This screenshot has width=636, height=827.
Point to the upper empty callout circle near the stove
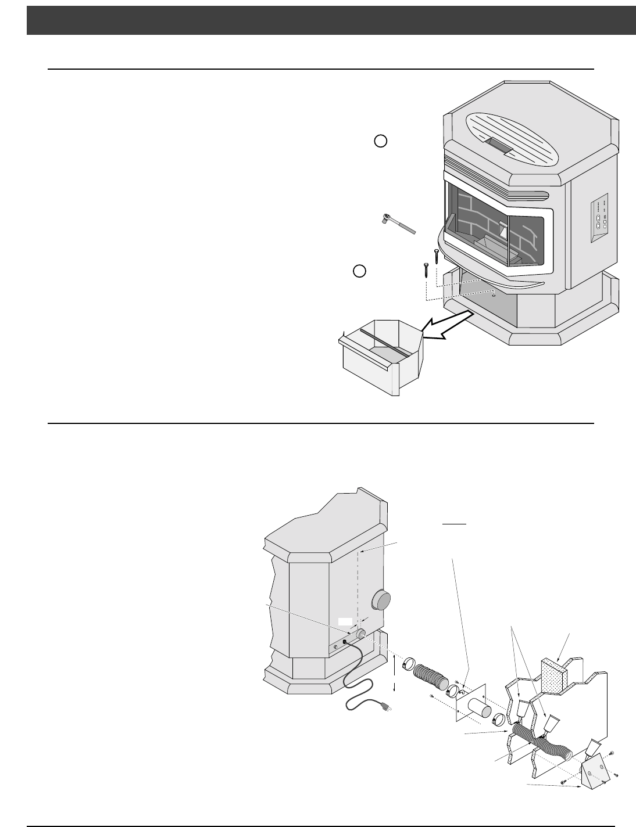pos(380,141)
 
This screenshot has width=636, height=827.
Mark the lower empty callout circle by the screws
pos(360,271)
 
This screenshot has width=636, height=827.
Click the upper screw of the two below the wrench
pos(437,256)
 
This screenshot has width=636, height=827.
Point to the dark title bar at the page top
pos(331,20)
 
